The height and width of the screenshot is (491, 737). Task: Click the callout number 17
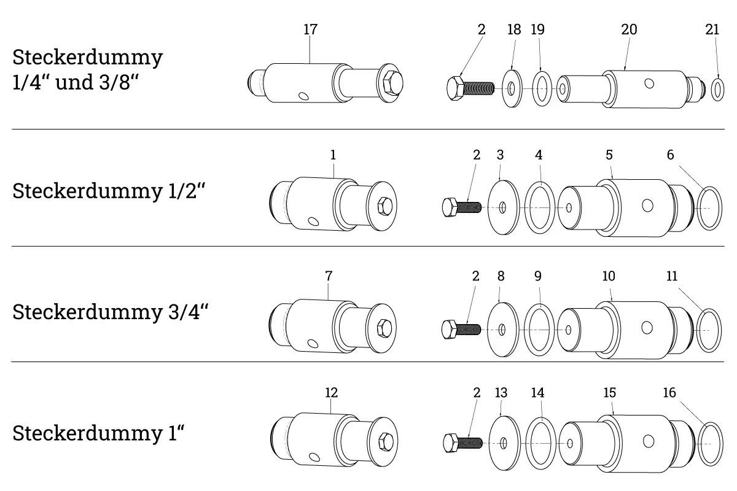(310, 29)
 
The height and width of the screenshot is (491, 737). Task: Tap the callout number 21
(712, 29)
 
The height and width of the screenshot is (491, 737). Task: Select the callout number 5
(609, 155)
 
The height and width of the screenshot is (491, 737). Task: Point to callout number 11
(672, 276)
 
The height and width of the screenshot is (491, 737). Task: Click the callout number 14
(537, 392)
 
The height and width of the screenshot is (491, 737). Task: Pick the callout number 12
(331, 392)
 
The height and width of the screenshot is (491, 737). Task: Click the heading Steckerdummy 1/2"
(109, 191)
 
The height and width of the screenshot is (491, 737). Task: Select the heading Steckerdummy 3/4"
(110, 312)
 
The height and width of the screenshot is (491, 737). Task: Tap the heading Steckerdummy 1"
(98, 433)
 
